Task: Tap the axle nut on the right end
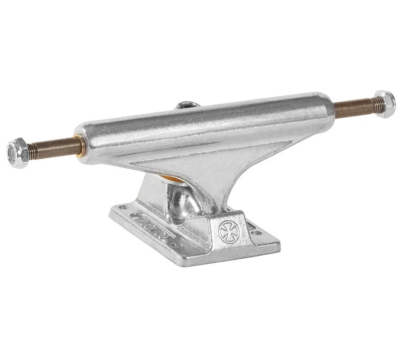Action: point(385,104)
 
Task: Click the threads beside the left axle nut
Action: point(33,150)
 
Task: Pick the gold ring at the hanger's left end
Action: point(80,145)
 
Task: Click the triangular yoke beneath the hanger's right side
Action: point(252,171)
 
